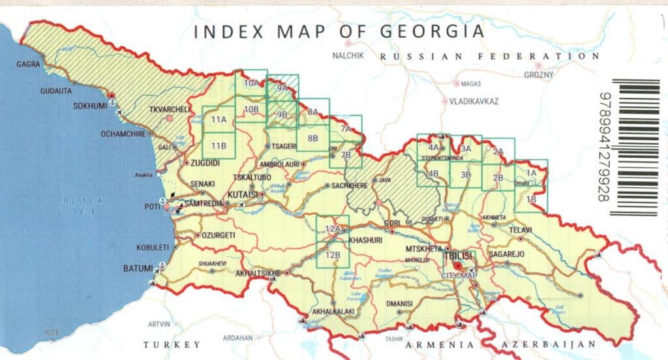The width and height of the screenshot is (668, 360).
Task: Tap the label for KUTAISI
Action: (242, 194)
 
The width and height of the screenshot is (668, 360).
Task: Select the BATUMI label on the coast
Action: (138, 268)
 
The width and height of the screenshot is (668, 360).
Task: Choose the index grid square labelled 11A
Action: (219, 119)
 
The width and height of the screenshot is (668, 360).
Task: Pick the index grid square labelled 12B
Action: (333, 254)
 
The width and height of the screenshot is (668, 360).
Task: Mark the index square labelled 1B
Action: (531, 199)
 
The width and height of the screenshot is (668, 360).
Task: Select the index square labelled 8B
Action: (313, 138)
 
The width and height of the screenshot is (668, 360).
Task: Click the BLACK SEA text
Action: (83, 205)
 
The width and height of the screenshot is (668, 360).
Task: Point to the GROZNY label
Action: (538, 75)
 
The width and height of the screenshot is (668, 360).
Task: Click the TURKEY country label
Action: (172, 344)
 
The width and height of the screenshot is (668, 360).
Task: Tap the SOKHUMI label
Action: (89, 105)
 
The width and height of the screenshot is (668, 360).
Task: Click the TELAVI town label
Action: (520, 230)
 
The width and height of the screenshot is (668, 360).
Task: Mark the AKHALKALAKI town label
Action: (333, 312)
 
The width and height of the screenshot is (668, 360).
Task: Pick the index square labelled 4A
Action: (433, 148)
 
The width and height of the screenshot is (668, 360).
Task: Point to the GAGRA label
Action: (28, 65)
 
